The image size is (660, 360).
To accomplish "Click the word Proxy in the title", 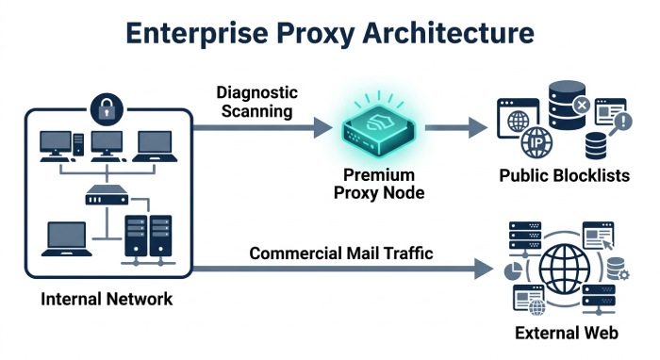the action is (x=315, y=33).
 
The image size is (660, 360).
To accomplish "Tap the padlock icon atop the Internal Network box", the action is (x=107, y=109).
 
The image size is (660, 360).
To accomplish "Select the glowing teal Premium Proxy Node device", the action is (x=378, y=129).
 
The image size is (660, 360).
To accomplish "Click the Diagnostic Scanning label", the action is (x=256, y=102).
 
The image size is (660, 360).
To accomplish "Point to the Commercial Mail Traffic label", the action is (x=341, y=254).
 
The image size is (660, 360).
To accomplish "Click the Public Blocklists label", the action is (x=565, y=175).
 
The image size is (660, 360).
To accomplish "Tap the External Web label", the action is (x=567, y=333).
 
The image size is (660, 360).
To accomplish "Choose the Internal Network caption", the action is (x=107, y=299).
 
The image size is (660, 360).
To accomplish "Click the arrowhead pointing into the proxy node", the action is (x=323, y=127).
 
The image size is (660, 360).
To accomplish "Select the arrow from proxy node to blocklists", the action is (x=456, y=127).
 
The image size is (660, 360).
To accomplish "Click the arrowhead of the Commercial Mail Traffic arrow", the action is (x=484, y=269).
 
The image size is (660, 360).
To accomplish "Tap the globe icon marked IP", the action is (x=536, y=142).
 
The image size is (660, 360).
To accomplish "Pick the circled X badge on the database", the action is (x=582, y=106).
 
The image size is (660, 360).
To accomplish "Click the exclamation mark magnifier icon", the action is (x=621, y=123).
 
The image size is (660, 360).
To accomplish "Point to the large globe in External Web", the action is (x=565, y=269).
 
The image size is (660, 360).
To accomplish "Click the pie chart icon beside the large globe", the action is (x=513, y=270).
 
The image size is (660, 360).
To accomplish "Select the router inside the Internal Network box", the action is (x=107, y=196).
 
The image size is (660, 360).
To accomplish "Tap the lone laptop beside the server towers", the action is (x=67, y=238).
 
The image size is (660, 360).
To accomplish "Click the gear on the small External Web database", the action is (x=624, y=275).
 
